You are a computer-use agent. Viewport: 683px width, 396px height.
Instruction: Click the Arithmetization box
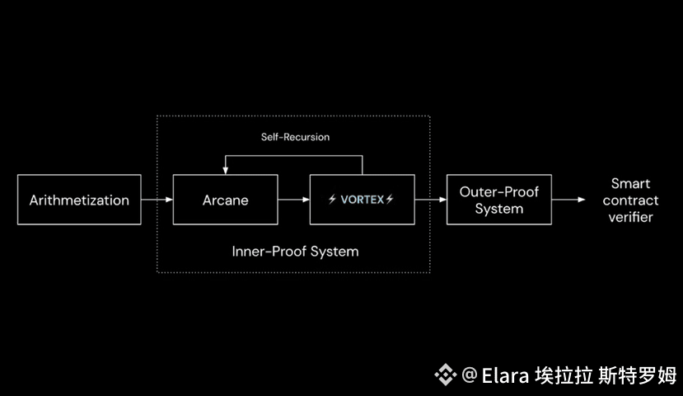tap(79, 200)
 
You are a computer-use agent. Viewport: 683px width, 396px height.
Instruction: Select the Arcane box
tap(225, 200)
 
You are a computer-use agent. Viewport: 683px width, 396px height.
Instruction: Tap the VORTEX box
tap(362, 200)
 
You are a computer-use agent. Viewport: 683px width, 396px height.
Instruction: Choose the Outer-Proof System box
tap(498, 200)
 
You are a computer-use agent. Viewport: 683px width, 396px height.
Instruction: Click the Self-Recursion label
tap(289, 137)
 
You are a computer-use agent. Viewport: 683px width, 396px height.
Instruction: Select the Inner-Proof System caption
tap(295, 251)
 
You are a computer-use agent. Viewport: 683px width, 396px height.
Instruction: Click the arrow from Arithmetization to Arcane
tap(157, 200)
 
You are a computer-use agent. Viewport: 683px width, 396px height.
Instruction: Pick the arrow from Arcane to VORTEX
tap(293, 200)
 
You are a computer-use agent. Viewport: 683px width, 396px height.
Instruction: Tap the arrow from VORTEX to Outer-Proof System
tap(429, 200)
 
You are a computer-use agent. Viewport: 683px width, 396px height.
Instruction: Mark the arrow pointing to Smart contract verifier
tap(569, 200)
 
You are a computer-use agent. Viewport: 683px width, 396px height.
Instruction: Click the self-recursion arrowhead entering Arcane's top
tap(225, 169)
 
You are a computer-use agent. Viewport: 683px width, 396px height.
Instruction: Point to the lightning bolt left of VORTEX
tap(332, 200)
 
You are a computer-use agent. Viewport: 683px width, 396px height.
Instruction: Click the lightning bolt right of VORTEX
tap(390, 200)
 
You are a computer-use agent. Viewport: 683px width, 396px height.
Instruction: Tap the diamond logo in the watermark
tap(446, 375)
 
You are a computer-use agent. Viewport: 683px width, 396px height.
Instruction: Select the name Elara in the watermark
tap(504, 375)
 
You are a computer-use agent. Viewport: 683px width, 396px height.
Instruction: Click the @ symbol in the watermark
tap(470, 375)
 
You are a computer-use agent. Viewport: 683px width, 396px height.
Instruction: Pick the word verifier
tap(630, 217)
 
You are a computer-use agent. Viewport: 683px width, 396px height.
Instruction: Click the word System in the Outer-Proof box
tap(498, 209)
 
